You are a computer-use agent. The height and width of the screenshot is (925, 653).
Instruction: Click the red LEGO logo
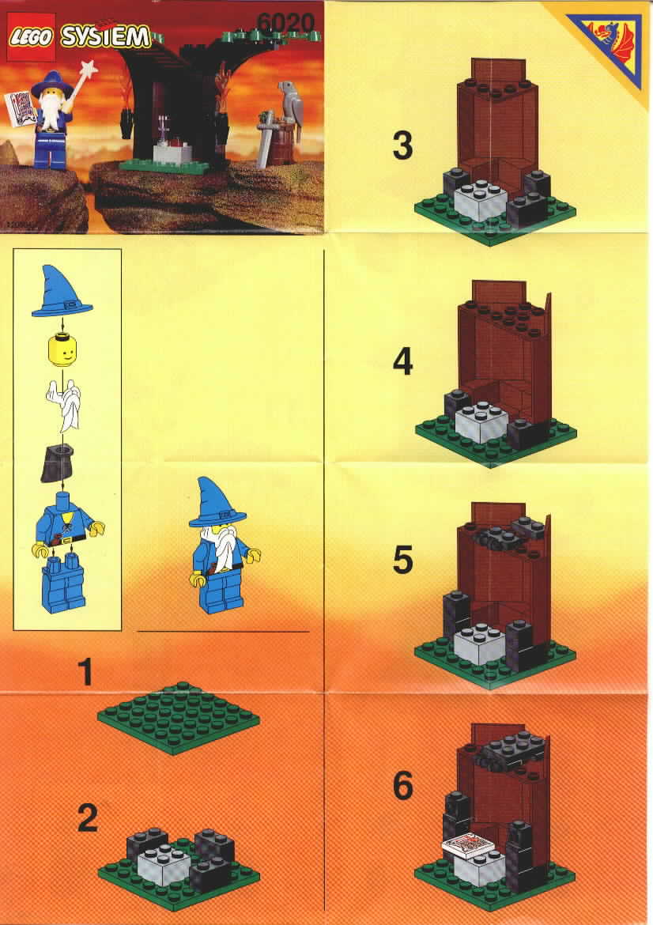pyautogui.click(x=30, y=36)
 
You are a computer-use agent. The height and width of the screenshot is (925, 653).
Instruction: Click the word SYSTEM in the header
pyautogui.click(x=105, y=37)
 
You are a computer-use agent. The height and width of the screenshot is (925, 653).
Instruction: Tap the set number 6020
pyautogui.click(x=287, y=24)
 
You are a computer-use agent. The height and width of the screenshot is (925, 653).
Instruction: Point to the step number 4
pyautogui.click(x=403, y=361)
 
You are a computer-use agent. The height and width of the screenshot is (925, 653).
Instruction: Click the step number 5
pyautogui.click(x=403, y=560)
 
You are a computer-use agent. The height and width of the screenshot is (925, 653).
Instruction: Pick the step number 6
pyautogui.click(x=403, y=786)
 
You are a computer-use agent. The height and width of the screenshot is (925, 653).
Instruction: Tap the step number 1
pyautogui.click(x=86, y=673)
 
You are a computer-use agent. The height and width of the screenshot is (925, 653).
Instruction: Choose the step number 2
pyautogui.click(x=87, y=818)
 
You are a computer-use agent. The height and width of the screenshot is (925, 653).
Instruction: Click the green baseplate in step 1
pyautogui.click(x=178, y=718)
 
